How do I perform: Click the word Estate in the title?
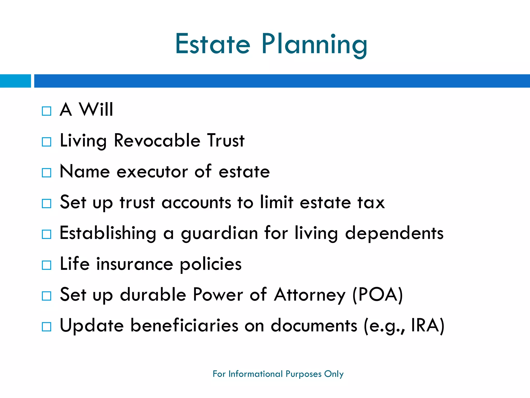click(x=213, y=44)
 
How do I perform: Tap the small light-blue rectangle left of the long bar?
click(x=15, y=81)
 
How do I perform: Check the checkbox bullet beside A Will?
click(x=47, y=111)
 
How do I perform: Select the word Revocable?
click(x=157, y=141)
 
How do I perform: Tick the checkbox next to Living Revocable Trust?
click(x=47, y=142)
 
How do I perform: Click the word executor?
click(x=152, y=172)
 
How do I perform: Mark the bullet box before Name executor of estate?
click(x=47, y=173)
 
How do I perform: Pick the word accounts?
click(x=196, y=203)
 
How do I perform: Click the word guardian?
click(x=219, y=233)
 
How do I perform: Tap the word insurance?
click(x=135, y=264)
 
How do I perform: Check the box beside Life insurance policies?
click(x=47, y=265)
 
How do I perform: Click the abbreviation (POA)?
click(x=378, y=295)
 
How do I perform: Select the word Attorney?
click(x=310, y=295)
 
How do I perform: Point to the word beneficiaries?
click(x=184, y=325)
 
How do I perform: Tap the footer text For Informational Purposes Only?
click(x=278, y=374)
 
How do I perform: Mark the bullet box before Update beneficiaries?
click(x=47, y=327)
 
